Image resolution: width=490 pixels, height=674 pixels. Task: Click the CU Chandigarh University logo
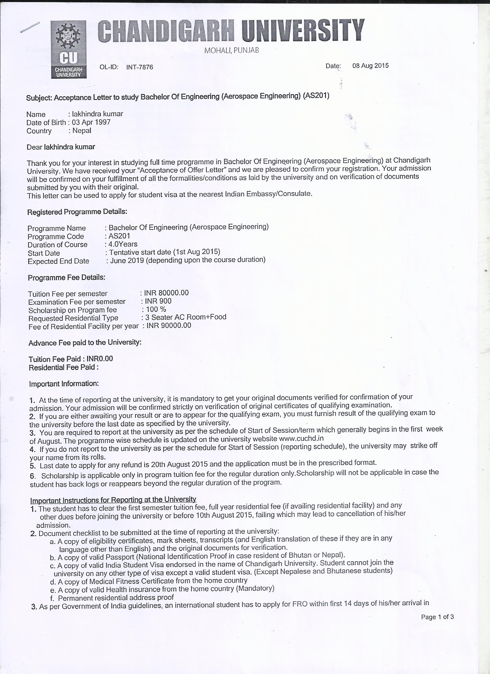tap(68, 49)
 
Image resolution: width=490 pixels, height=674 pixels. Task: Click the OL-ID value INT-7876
tap(140, 67)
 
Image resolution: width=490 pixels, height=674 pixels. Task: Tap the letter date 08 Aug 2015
tap(370, 66)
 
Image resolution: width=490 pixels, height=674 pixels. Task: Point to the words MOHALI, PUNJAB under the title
tap(231, 50)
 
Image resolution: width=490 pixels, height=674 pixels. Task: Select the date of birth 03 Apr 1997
tap(91, 123)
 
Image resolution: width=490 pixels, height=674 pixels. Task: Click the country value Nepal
tap(82, 131)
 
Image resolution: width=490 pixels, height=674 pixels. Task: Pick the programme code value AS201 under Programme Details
tap(119, 236)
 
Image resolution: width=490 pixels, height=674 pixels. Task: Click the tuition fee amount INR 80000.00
tap(166, 293)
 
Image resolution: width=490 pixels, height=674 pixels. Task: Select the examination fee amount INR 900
tap(158, 301)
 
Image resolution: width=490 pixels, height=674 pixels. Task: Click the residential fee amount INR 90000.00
tap(169, 325)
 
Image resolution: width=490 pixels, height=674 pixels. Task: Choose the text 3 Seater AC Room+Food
tap(186, 317)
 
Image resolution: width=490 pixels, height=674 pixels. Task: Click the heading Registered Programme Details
tap(77, 212)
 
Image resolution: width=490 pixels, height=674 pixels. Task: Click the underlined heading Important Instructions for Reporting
tap(113, 500)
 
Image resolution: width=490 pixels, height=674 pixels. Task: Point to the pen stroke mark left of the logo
tap(30, 27)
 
